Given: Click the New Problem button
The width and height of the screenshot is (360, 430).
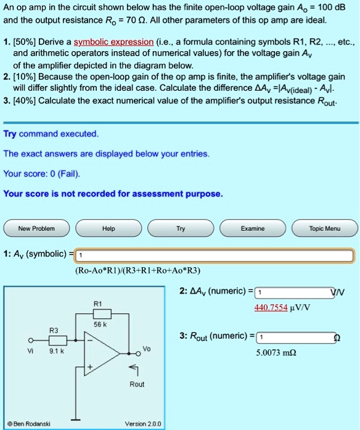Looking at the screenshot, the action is click(x=37, y=228).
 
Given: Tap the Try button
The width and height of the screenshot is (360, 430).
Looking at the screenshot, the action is click(x=181, y=228).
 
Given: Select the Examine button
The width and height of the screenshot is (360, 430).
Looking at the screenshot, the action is click(x=253, y=228).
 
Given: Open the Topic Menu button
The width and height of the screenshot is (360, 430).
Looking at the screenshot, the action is click(x=324, y=228).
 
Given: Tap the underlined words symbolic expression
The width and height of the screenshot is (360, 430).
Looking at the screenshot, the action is click(x=113, y=42).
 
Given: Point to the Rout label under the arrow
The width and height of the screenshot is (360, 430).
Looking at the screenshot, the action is click(x=137, y=384).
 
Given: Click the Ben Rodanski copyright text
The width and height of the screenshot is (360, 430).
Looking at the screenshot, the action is click(x=29, y=424).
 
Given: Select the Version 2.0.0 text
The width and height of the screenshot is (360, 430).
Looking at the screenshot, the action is click(x=142, y=424).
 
